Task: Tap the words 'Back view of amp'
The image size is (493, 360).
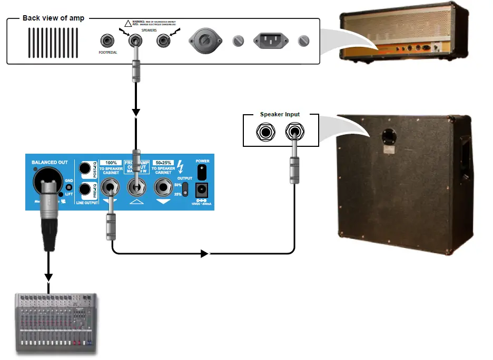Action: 53,18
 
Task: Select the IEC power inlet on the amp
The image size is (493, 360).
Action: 271,40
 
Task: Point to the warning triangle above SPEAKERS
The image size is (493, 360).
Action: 127,23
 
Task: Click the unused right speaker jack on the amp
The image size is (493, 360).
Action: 165,40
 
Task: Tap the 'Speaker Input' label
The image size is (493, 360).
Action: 280,114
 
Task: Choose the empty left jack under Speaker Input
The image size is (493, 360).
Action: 264,132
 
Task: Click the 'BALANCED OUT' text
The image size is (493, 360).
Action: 50,162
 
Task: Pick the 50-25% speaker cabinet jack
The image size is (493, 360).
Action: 163,187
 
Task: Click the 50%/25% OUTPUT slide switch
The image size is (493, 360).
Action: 185,188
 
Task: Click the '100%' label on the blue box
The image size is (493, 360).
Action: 111,163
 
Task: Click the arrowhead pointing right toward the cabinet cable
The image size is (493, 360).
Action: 204,254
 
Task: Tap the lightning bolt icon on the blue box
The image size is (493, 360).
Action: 181,167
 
